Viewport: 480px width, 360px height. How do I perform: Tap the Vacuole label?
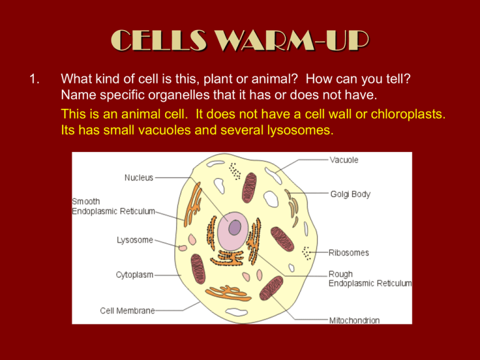344,160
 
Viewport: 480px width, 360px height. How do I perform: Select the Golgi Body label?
350,194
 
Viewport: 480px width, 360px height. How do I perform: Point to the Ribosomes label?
349,253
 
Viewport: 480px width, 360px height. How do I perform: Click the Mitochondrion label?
354,321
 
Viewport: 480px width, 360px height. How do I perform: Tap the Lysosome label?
135,240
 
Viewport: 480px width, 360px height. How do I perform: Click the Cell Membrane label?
127,310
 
